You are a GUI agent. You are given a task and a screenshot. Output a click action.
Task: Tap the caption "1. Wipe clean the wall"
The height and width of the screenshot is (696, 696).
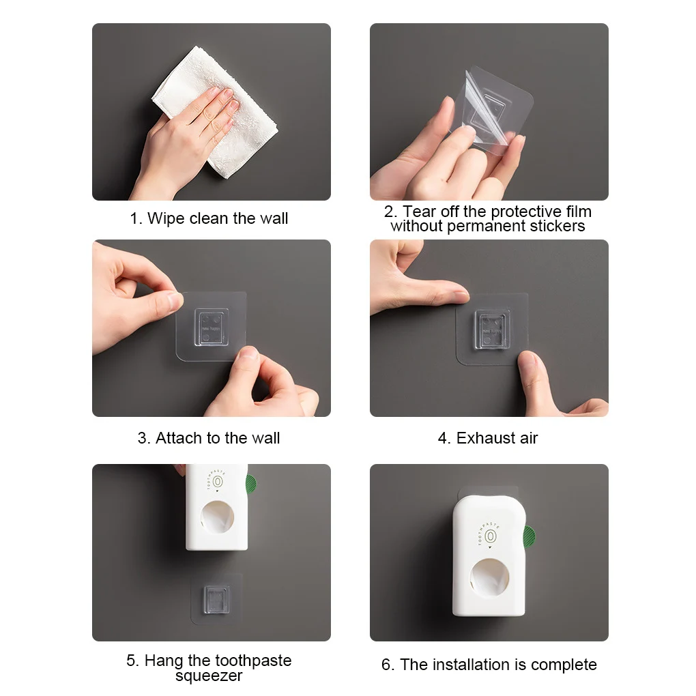tap(209, 219)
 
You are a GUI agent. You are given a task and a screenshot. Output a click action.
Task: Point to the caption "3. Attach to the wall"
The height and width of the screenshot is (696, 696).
tap(209, 438)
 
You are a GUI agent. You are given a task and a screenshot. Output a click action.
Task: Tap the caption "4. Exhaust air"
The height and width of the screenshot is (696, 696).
tap(488, 438)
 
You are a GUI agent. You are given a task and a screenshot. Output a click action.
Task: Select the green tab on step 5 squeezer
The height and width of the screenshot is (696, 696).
tap(251, 486)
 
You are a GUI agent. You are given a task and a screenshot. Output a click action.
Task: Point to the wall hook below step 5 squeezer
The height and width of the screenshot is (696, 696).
tap(210, 598)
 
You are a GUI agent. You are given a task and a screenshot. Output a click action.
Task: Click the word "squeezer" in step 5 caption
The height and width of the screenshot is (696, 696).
tap(209, 676)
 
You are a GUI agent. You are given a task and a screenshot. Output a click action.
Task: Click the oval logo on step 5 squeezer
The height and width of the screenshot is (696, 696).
tap(217, 482)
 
